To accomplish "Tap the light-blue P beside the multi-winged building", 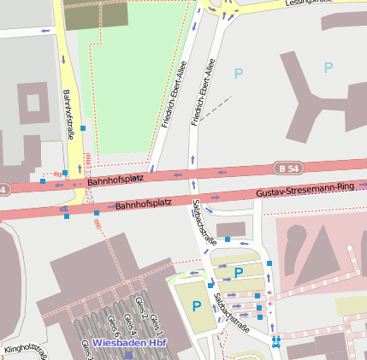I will pos(327,68).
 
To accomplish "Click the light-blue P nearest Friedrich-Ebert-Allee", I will pos(238,74).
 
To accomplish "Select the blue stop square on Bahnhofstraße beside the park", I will pos(83,127).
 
